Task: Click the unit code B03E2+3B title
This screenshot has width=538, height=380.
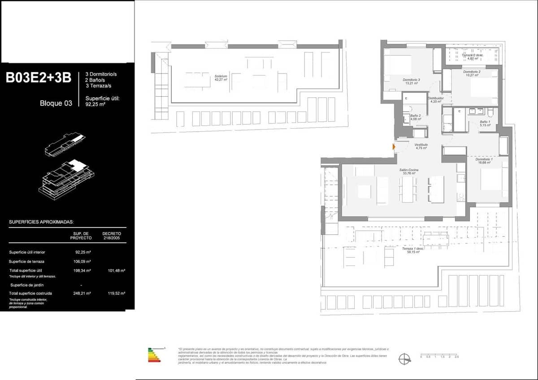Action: click(x=39, y=78)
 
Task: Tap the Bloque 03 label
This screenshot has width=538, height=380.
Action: click(x=56, y=104)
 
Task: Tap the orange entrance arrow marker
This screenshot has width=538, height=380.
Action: click(x=394, y=147)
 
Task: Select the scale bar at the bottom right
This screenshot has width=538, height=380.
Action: click(x=439, y=356)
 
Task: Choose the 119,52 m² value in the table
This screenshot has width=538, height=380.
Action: click(x=116, y=293)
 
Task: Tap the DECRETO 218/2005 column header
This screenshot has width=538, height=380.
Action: click(x=112, y=236)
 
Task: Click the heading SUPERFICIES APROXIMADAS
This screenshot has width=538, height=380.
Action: click(x=41, y=222)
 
